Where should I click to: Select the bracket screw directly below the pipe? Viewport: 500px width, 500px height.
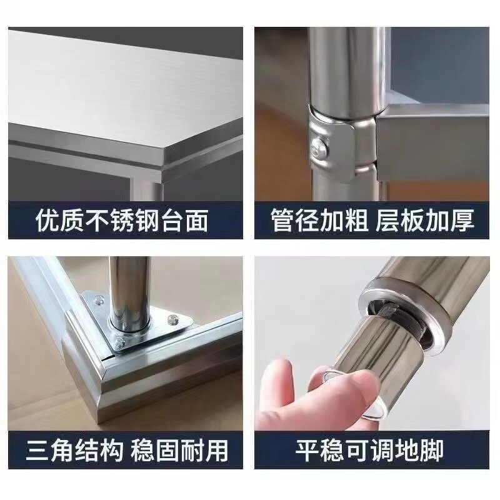coord(120,343)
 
